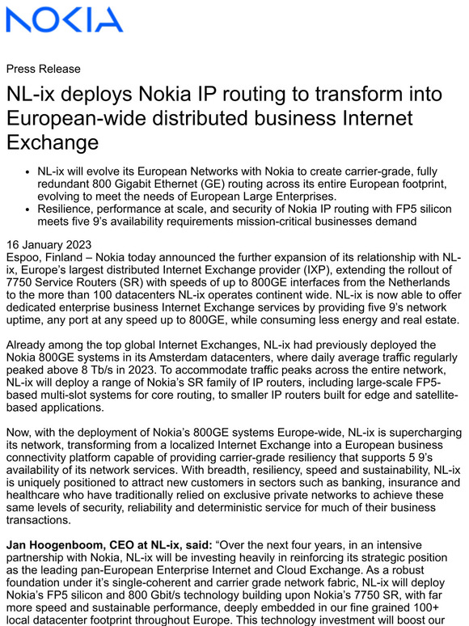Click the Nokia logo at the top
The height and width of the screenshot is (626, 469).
click(x=65, y=19)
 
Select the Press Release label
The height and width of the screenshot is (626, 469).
click(x=43, y=69)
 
